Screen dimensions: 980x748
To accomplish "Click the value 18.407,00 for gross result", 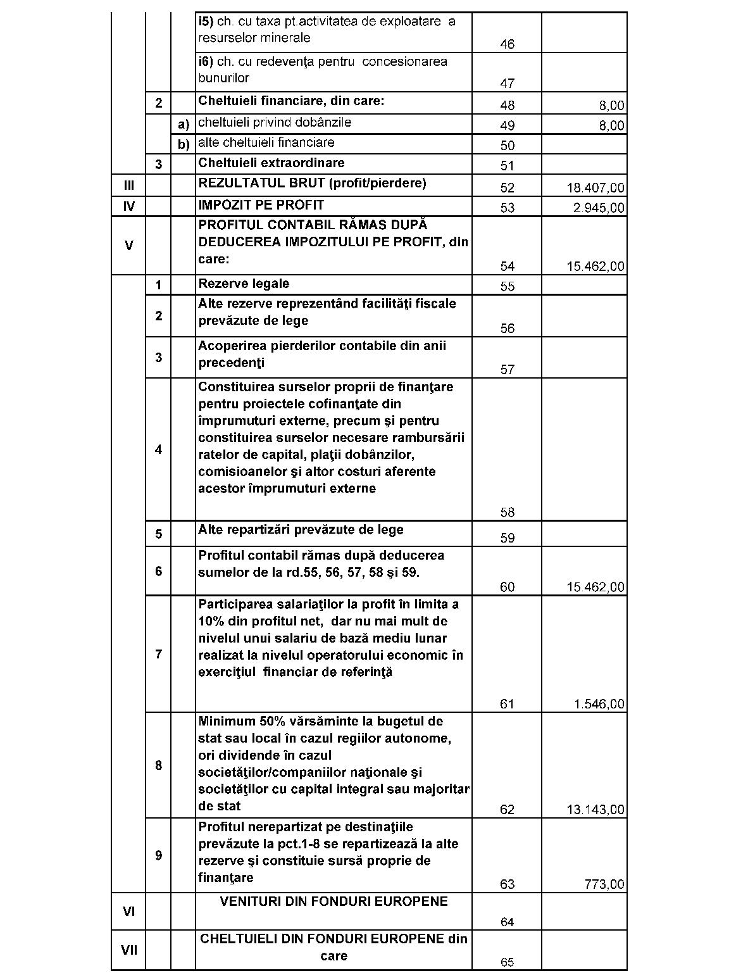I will pos(595,188).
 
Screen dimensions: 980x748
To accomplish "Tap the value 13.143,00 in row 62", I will pos(595,810).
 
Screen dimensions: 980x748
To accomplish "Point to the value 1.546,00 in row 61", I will pos(599,704).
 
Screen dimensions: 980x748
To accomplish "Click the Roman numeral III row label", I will pos(129,186).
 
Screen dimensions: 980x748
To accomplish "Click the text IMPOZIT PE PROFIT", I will pos(261,205).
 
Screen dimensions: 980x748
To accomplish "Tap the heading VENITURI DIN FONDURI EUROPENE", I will pos(333,901).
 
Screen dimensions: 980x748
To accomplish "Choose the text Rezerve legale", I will pos(244,284).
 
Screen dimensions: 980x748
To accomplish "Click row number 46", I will pos(507,44).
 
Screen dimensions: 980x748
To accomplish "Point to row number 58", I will pos(507,512).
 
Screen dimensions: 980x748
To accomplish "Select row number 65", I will pos(507,962).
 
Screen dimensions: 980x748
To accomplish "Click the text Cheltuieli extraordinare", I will pos(271,163).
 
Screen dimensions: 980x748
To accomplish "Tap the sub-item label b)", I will pos(184,145).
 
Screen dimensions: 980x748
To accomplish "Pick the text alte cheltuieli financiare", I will pos(266,142).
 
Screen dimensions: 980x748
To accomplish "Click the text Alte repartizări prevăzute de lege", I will pos(301,530).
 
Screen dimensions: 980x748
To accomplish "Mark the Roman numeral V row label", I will pos(129,246).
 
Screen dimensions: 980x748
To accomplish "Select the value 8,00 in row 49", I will pos(611,126).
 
